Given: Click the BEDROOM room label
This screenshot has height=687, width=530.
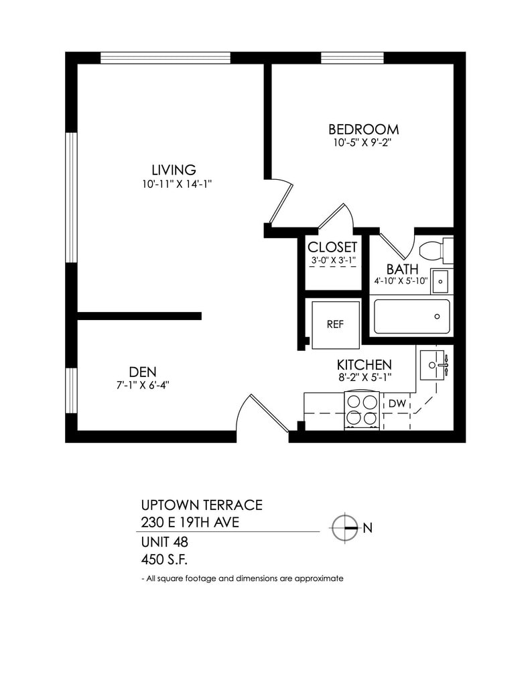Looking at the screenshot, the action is pos(363,129).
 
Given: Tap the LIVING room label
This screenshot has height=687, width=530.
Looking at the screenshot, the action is pos(174,170).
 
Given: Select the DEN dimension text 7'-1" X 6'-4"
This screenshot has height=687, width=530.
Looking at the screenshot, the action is pos(143,385).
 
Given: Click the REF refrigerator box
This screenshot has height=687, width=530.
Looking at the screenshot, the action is pos(336,325).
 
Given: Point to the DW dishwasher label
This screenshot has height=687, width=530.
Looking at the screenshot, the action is pos(397,403).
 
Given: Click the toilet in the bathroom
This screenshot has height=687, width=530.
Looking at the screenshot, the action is pos(436,251).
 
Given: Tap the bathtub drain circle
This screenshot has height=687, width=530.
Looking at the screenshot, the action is pos(437,317).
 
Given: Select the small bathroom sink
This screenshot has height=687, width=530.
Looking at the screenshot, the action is pos(440,281).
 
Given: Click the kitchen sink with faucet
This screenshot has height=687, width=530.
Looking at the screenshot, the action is pos(432,364).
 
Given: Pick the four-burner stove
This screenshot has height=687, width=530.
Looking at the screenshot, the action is pos(362,411).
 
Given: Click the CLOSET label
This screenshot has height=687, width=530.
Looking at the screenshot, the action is pos(332,247).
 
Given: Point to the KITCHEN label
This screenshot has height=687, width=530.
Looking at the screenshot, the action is pos(364,364).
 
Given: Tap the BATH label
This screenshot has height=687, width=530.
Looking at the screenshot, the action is pos(402,269).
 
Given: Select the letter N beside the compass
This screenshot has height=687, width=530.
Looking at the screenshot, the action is pos(368,528).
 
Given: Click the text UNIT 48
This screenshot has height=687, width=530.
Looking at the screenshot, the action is pos(165,542).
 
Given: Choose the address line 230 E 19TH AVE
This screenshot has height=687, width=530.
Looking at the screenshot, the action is pos(190,522).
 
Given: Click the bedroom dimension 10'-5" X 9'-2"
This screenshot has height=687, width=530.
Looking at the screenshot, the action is pos(362,142).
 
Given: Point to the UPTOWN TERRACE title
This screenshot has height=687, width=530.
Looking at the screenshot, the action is pos(202,505).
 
